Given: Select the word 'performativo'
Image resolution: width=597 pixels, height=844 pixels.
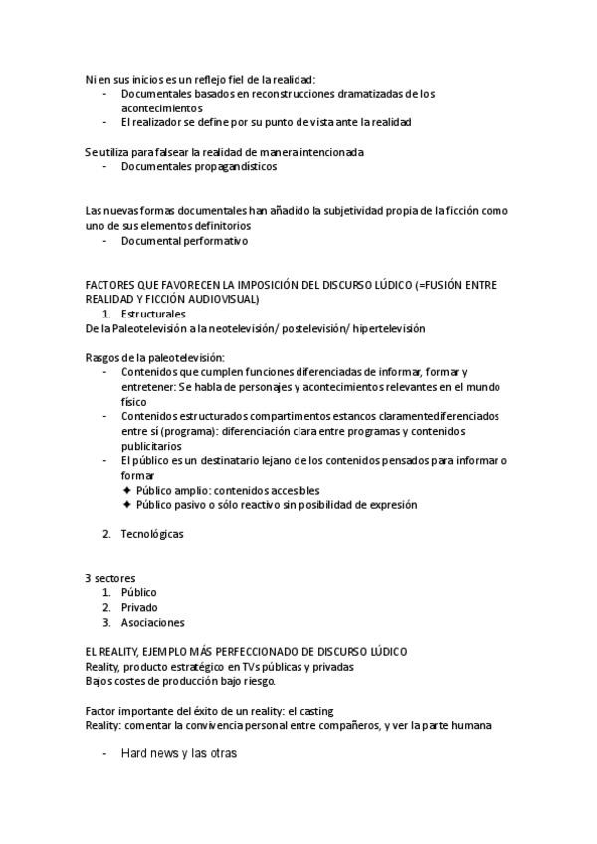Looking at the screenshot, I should point(213,241).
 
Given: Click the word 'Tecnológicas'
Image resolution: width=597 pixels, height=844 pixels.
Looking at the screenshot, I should point(152,534).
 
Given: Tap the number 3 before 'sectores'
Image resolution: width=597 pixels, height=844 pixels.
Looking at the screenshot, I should point(88,578).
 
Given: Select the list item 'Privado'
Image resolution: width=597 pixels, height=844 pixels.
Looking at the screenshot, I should point(139,607).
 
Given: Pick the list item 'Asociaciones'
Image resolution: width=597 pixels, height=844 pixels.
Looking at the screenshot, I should point(153,622).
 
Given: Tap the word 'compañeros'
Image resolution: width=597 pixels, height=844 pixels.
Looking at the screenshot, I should point(344,726).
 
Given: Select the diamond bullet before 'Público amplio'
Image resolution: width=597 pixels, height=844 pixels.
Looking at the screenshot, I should point(126,491).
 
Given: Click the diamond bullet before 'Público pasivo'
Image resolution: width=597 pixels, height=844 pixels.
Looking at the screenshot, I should point(126,505).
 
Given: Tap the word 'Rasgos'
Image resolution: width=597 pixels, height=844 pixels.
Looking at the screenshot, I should point(102,357).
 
